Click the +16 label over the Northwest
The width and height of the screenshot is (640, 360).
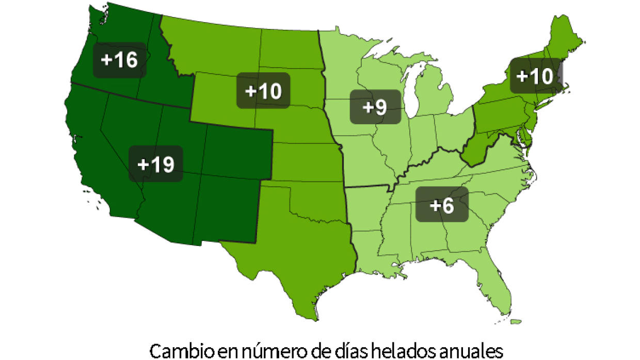point(119,60)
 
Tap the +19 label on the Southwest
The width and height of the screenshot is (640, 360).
point(156,164)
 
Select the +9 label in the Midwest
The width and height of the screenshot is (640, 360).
point(375,107)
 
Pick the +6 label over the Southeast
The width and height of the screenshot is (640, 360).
point(442,205)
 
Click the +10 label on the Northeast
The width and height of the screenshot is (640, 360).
point(535,76)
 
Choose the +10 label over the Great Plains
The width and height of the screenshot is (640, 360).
point(263,91)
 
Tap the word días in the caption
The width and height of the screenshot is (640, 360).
point(341,351)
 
